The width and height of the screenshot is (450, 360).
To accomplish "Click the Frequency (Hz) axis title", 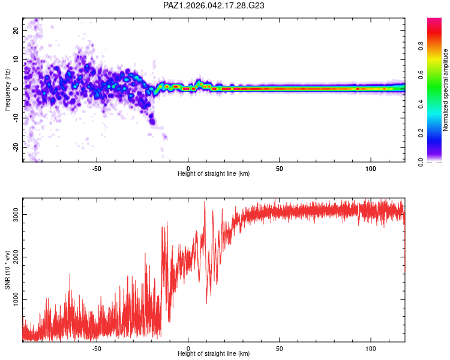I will pos(7,90).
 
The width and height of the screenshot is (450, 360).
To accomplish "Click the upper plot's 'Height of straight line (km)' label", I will pos(214,173).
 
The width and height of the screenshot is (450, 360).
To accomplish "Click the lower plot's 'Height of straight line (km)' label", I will pos(214,353).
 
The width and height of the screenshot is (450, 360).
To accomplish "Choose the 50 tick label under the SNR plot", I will pos(280,347).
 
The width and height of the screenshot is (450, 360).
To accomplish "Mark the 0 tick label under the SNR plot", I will pos(188,347).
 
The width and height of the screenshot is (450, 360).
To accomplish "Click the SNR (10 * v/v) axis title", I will pos(7,270).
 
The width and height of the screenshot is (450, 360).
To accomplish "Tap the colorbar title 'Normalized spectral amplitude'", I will pos(445,90).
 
